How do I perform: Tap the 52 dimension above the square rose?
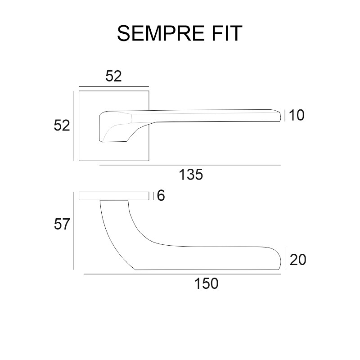tap(114, 76)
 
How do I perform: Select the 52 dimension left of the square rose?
tap(62, 126)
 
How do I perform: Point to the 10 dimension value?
tap(297, 115)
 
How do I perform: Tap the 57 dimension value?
tap(62, 224)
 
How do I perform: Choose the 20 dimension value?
tap(298, 260)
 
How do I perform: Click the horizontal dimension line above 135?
tap(189, 165)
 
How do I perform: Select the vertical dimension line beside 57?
tap(73, 230)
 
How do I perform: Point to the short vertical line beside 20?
tap(287, 258)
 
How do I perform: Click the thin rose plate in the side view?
tap(114, 196)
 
